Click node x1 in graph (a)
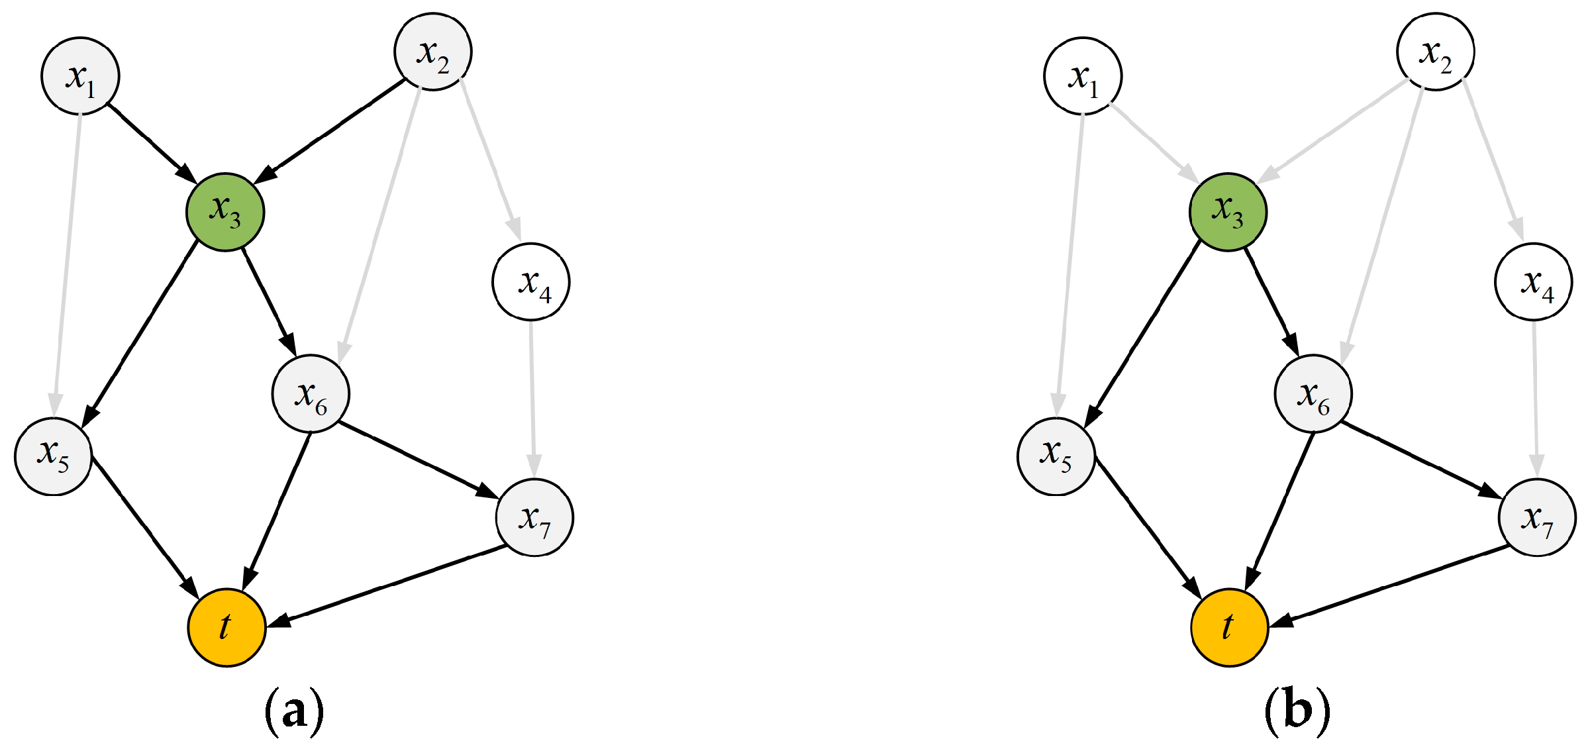80,76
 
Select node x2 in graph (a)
433,52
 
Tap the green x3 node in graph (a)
225,212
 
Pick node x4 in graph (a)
531,281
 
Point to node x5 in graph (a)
54,456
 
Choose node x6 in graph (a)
311,394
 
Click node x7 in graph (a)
534,517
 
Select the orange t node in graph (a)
226,626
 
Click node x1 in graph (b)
1083,76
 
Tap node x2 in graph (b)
1436,52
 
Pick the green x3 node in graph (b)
1228,212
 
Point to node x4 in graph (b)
1534,281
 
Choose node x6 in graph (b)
1313,394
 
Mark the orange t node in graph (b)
1229,626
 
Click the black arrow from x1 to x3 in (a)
151,142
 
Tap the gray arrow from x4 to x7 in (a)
532,397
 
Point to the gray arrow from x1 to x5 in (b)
1070,265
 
